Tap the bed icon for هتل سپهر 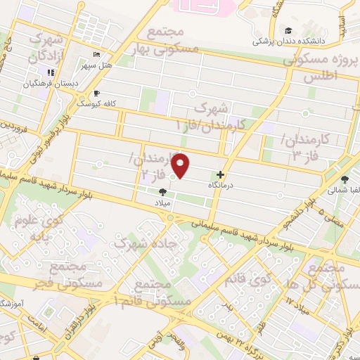pyautogui.click(x=97, y=56)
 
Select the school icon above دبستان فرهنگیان pyautogui.click(x=51, y=73)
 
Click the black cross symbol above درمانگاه pyautogui.click(x=221, y=174)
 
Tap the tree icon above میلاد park pyautogui.click(x=162, y=192)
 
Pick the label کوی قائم pyautogui.click(x=248, y=280)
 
